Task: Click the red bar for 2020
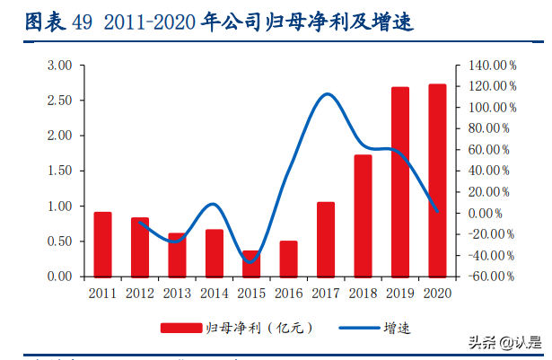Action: tap(437, 180)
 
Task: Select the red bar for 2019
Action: tap(400, 182)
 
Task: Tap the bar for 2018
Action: tap(363, 215)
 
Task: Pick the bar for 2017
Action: tap(326, 239)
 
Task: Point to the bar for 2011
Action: tap(103, 244)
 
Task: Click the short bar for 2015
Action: tap(251, 263)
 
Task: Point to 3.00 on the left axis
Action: tap(59, 66)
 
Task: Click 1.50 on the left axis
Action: tap(59, 171)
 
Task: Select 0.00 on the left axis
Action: tap(59, 277)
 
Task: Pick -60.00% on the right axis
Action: tap(491, 277)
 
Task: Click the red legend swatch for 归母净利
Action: tap(179, 328)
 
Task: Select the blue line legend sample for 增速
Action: tap(359, 328)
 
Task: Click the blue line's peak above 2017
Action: tap(327, 93)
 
